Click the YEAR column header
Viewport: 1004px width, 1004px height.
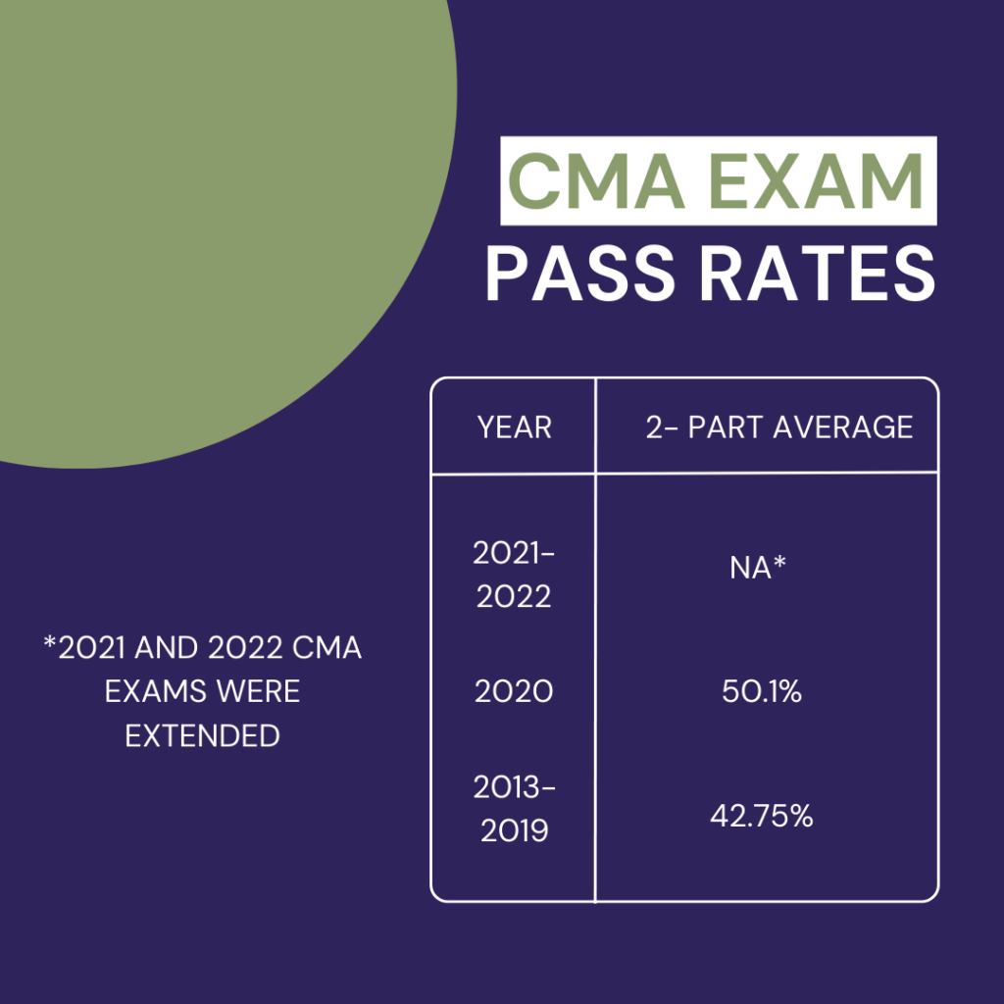[514, 427]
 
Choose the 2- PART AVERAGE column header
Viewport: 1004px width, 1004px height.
[778, 427]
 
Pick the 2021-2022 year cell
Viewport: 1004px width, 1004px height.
[514, 576]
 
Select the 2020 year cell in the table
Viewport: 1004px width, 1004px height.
[514, 692]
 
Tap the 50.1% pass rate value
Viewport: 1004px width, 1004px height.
[762, 692]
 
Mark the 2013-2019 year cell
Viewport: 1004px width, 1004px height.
[514, 809]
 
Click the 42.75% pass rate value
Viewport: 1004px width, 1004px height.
[762, 816]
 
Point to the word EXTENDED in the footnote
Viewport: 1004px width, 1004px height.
[203, 735]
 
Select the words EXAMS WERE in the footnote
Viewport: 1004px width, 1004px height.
[203, 692]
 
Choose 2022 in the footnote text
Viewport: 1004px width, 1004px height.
[259, 649]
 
